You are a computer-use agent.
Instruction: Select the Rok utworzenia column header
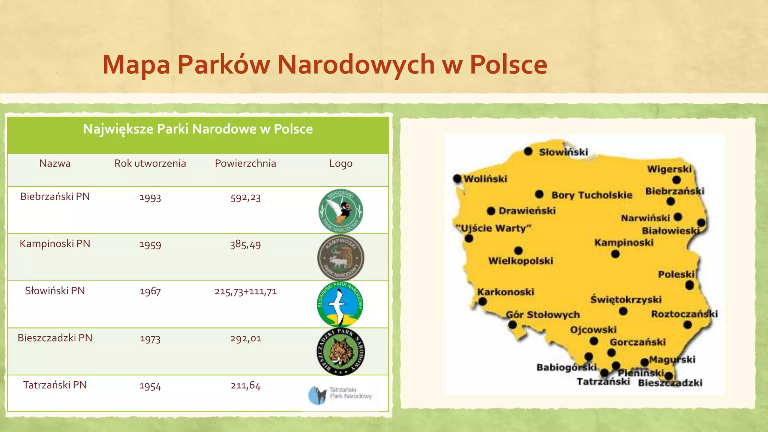(x=150, y=163)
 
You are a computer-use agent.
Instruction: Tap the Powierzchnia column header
(x=245, y=163)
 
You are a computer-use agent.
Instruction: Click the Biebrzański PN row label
(x=55, y=196)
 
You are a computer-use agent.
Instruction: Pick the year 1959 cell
(x=150, y=245)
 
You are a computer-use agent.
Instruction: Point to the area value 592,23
(x=245, y=198)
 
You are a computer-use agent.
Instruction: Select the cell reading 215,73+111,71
(x=246, y=291)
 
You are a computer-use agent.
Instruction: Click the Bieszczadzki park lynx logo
(x=340, y=352)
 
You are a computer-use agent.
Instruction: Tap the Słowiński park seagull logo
(x=340, y=304)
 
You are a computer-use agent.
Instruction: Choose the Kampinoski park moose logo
(x=340, y=258)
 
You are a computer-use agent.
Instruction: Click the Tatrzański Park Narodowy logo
(x=340, y=394)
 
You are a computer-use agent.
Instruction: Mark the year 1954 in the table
(x=150, y=386)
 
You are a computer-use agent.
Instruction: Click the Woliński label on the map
(x=485, y=179)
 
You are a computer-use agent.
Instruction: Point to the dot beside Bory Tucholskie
(x=539, y=194)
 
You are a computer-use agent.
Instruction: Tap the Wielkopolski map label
(x=520, y=261)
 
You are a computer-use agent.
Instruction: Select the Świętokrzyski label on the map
(x=626, y=300)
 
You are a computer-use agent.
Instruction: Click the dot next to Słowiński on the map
(x=528, y=151)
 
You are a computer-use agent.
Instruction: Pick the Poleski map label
(x=676, y=274)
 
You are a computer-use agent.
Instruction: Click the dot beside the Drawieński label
(x=491, y=211)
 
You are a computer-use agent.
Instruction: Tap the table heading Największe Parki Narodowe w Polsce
(x=198, y=129)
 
